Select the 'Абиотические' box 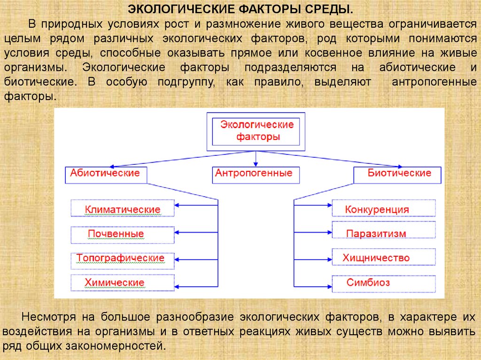click(106, 174)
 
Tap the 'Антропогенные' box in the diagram click(254, 174)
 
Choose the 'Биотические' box click(398, 174)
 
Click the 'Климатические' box click(123, 209)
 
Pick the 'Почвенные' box click(123, 233)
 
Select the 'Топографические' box click(123, 259)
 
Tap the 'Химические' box click(123, 283)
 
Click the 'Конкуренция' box click(384, 209)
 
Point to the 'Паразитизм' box click(384, 233)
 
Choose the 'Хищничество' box click(384, 258)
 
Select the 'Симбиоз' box click(384, 283)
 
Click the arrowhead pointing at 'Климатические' click(178, 205)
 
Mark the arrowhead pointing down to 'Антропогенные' click(255, 164)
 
